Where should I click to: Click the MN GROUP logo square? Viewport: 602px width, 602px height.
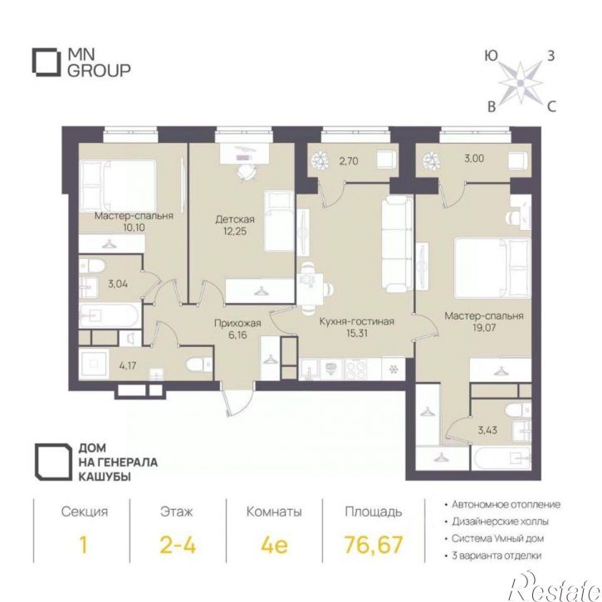[33, 61]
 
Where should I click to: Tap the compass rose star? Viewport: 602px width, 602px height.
[521, 82]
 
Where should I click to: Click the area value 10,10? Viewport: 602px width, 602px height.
[134, 228]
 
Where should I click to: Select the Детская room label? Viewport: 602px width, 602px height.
[235, 219]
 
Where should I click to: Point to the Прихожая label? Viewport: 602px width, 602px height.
[237, 323]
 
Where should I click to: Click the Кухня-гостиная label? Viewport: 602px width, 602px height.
[357, 321]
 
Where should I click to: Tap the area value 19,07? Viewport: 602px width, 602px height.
[484, 327]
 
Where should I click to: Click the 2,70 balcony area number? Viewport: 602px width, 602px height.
[348, 160]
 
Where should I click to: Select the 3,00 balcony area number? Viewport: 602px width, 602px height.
[474, 158]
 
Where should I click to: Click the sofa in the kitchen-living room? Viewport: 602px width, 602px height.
[398, 244]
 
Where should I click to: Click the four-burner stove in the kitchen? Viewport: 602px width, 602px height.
[357, 369]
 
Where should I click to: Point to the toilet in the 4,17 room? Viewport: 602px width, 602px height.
[199, 365]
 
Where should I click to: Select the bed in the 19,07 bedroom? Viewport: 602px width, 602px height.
[492, 268]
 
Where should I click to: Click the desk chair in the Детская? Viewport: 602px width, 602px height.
[246, 172]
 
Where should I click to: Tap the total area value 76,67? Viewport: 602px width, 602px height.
[374, 544]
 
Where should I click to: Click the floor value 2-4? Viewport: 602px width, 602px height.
[178, 544]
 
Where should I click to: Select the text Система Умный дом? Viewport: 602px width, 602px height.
[497, 538]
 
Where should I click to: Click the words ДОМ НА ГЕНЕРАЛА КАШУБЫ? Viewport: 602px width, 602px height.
[118, 463]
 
